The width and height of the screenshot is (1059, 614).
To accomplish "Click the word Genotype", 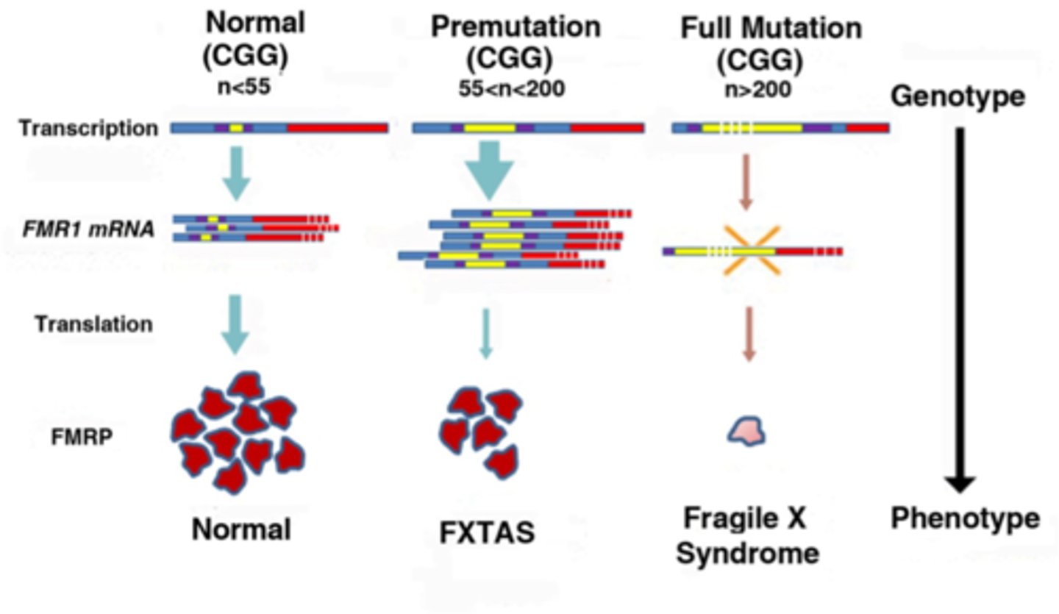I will click(x=958, y=97).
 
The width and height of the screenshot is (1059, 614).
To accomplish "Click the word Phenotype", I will click(x=966, y=518).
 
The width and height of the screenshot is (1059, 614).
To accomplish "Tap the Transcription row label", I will click(x=88, y=129).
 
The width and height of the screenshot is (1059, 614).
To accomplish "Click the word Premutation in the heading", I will click(x=516, y=28).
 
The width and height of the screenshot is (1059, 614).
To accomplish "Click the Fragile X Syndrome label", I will click(x=747, y=535).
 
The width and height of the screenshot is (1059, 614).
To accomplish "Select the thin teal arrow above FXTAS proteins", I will click(x=485, y=332).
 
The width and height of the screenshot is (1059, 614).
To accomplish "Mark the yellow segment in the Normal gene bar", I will click(x=236, y=128).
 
